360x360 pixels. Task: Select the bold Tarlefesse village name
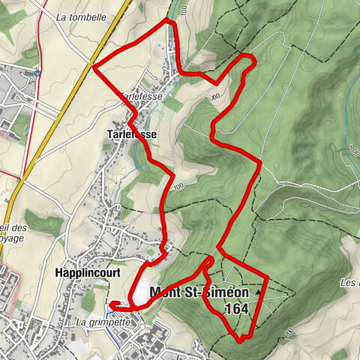[x=132, y=134]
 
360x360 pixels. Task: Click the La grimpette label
[x=103, y=322]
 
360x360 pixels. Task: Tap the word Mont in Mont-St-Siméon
[x=168, y=292]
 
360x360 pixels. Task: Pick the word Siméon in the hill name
[x=224, y=292]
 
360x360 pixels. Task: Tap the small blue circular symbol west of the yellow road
[x=37, y=73]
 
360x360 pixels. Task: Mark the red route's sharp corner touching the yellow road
[x=93, y=67]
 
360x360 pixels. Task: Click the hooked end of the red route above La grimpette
[x=112, y=304]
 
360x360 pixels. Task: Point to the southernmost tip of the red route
[x=241, y=340]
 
